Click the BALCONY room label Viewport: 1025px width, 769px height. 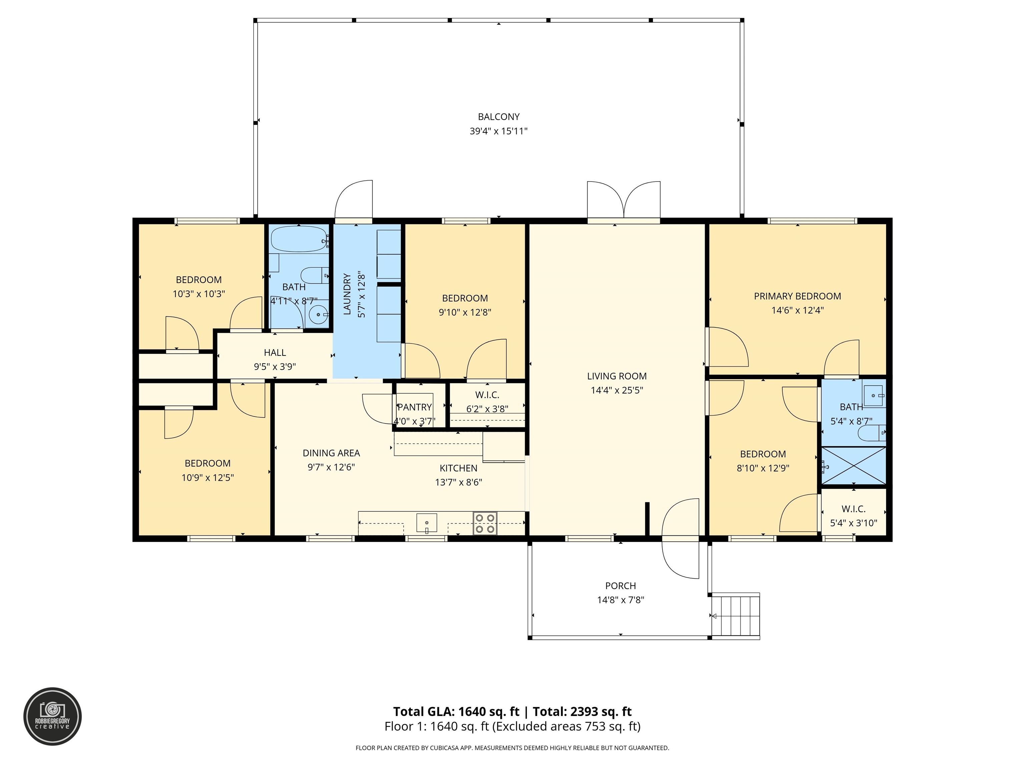click(498, 117)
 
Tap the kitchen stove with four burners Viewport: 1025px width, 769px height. click(485, 523)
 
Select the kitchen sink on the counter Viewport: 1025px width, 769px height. click(426, 522)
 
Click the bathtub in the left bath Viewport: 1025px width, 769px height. click(299, 239)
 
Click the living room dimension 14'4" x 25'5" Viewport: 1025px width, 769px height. click(616, 390)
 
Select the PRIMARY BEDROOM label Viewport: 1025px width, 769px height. click(797, 296)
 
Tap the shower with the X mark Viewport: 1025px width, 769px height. click(853, 466)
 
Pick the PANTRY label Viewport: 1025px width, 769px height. click(415, 407)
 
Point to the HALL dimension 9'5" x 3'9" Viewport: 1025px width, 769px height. click(275, 367)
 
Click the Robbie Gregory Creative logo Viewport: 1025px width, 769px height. click(52, 716)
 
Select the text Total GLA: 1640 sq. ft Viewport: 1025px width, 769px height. click(456, 712)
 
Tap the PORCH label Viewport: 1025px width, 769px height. click(621, 586)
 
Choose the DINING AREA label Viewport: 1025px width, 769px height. click(331, 453)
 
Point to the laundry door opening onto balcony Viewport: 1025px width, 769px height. click(354, 200)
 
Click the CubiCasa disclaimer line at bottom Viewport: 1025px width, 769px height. click(512, 748)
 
